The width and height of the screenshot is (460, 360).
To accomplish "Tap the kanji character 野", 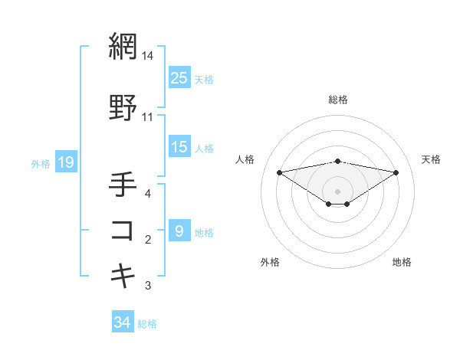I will click(123, 108).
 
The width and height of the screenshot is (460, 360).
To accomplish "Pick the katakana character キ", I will click(123, 274).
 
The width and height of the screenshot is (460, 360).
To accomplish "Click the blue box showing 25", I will click(179, 77).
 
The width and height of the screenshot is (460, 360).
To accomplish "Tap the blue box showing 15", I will click(179, 147).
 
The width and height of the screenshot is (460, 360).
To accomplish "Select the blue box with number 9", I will click(179, 231).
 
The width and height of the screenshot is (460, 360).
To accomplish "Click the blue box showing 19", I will click(65, 162).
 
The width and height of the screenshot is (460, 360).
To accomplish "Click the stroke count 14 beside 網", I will click(148, 56).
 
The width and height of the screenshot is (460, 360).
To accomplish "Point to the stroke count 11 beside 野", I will click(148, 117).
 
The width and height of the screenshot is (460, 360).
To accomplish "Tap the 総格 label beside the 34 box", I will click(147, 324).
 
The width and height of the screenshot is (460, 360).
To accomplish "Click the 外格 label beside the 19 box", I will click(41, 163).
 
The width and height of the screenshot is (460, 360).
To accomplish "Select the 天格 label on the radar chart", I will click(432, 159).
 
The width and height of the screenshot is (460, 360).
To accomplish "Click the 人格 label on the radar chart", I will click(245, 159).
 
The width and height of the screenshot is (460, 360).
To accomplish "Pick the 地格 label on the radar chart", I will click(402, 262).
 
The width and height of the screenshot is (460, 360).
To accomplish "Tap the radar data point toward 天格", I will click(396, 172).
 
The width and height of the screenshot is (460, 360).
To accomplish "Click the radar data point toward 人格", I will click(279, 172).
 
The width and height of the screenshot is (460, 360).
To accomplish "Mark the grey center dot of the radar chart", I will click(337, 191).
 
